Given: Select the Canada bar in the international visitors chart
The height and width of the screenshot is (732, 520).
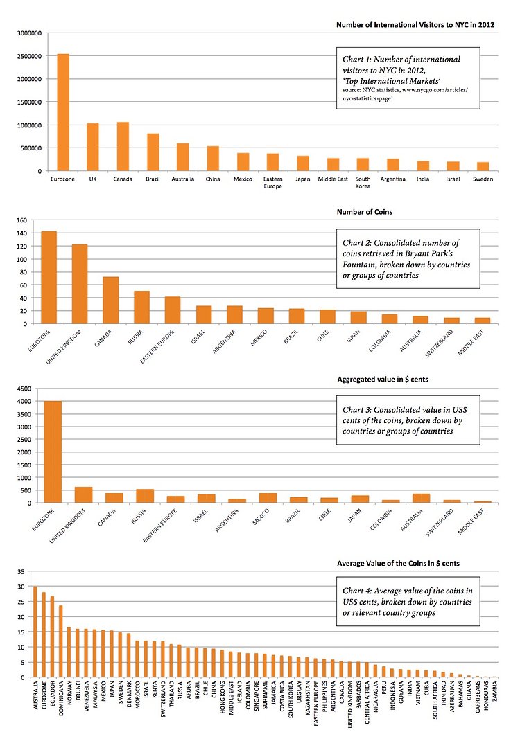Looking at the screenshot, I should click(123, 146).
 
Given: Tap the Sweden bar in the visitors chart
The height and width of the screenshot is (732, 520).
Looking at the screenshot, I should click(483, 166).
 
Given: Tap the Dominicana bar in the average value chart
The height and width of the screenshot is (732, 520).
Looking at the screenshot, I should click(60, 641).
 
